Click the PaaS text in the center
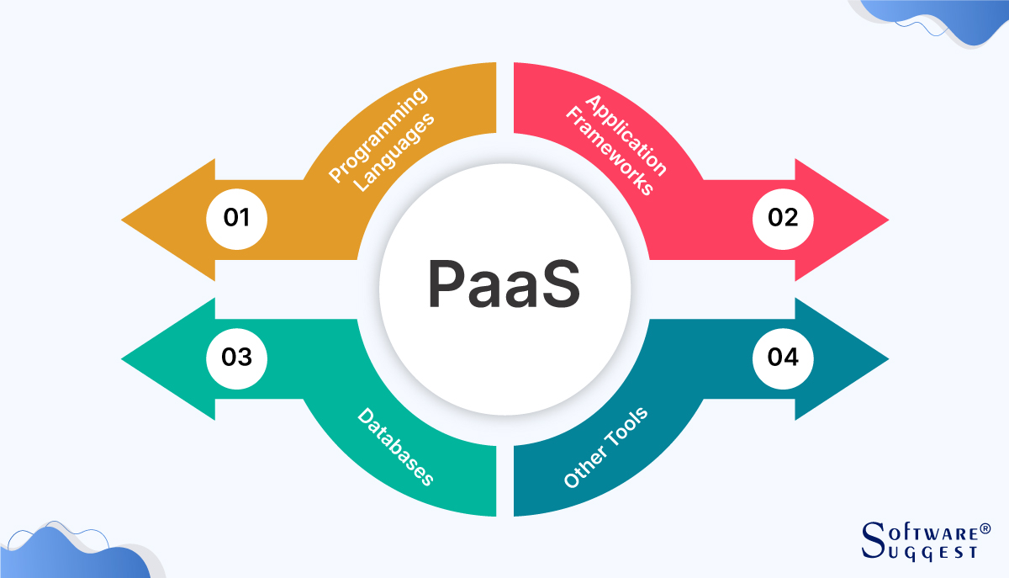[503, 286]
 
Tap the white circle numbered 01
[236, 218]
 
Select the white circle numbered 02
[782, 218]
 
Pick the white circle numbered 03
[236, 357]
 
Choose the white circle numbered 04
[782, 357]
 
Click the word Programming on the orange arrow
[377, 135]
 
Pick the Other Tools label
[605, 447]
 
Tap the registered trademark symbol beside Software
[985, 529]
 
